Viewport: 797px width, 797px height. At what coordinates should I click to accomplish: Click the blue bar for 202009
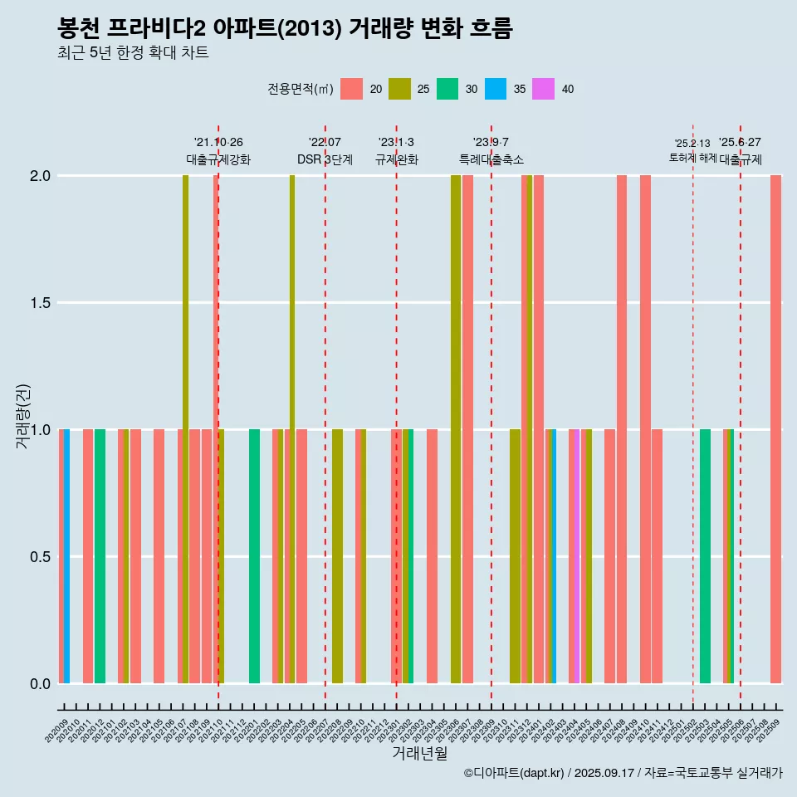pos(67,556)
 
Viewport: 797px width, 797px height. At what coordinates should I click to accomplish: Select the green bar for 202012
pos(100,556)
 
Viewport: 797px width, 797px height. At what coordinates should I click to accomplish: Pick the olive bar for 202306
pos(456,429)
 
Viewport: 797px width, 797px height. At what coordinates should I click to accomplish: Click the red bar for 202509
pos(775,429)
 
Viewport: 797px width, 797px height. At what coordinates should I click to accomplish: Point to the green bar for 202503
pos(705,556)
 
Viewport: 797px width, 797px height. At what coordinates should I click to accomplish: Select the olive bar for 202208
pos(337,556)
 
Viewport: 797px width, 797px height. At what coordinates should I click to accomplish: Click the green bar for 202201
pos(254,556)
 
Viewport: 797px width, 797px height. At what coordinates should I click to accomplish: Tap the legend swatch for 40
pos(543,89)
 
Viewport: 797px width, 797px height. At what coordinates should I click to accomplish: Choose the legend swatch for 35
pos(495,89)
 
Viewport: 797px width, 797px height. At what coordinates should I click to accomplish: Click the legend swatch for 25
pos(399,89)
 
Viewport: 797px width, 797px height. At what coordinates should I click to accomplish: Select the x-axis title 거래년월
pos(419,753)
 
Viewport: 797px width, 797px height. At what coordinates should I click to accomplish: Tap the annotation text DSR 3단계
pos(325,159)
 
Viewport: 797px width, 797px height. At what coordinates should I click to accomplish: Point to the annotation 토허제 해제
pos(692,158)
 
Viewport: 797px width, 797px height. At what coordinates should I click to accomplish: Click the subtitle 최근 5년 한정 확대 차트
pos(133,53)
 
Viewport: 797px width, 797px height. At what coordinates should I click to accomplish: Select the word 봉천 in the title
pos(79,29)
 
